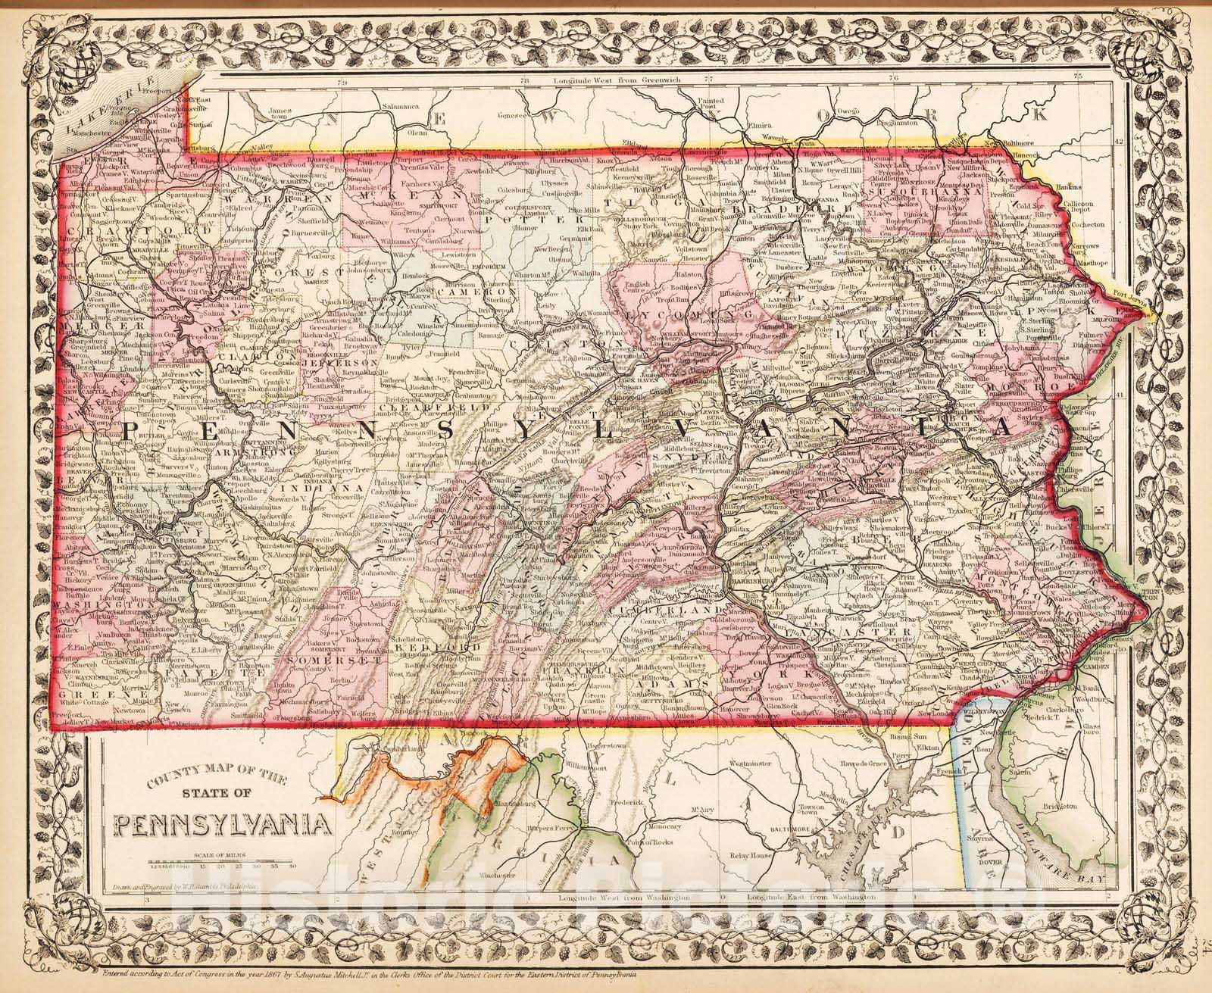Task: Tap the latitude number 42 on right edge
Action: click(1120, 142)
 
